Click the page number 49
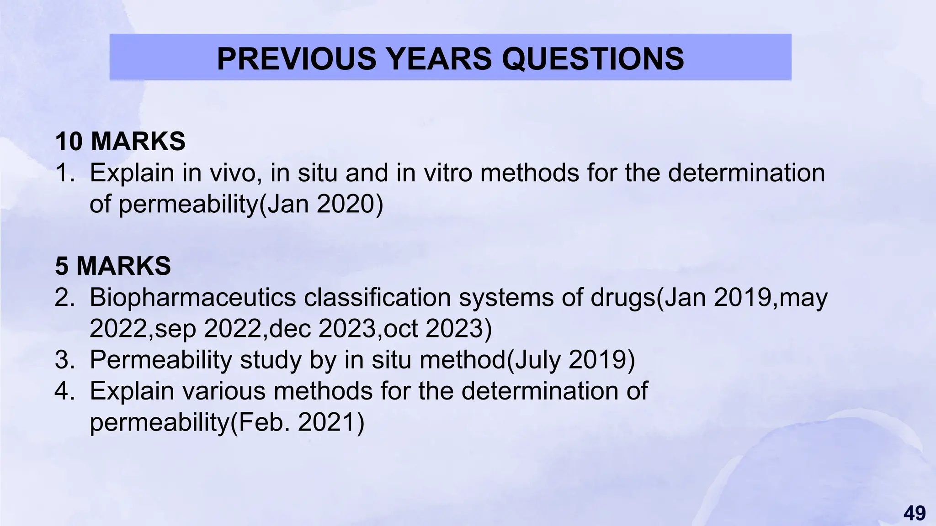[915, 513]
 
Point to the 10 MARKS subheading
[120, 141]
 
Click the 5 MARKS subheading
[113, 266]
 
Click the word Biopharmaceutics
[192, 298]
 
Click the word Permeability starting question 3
[161, 359]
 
